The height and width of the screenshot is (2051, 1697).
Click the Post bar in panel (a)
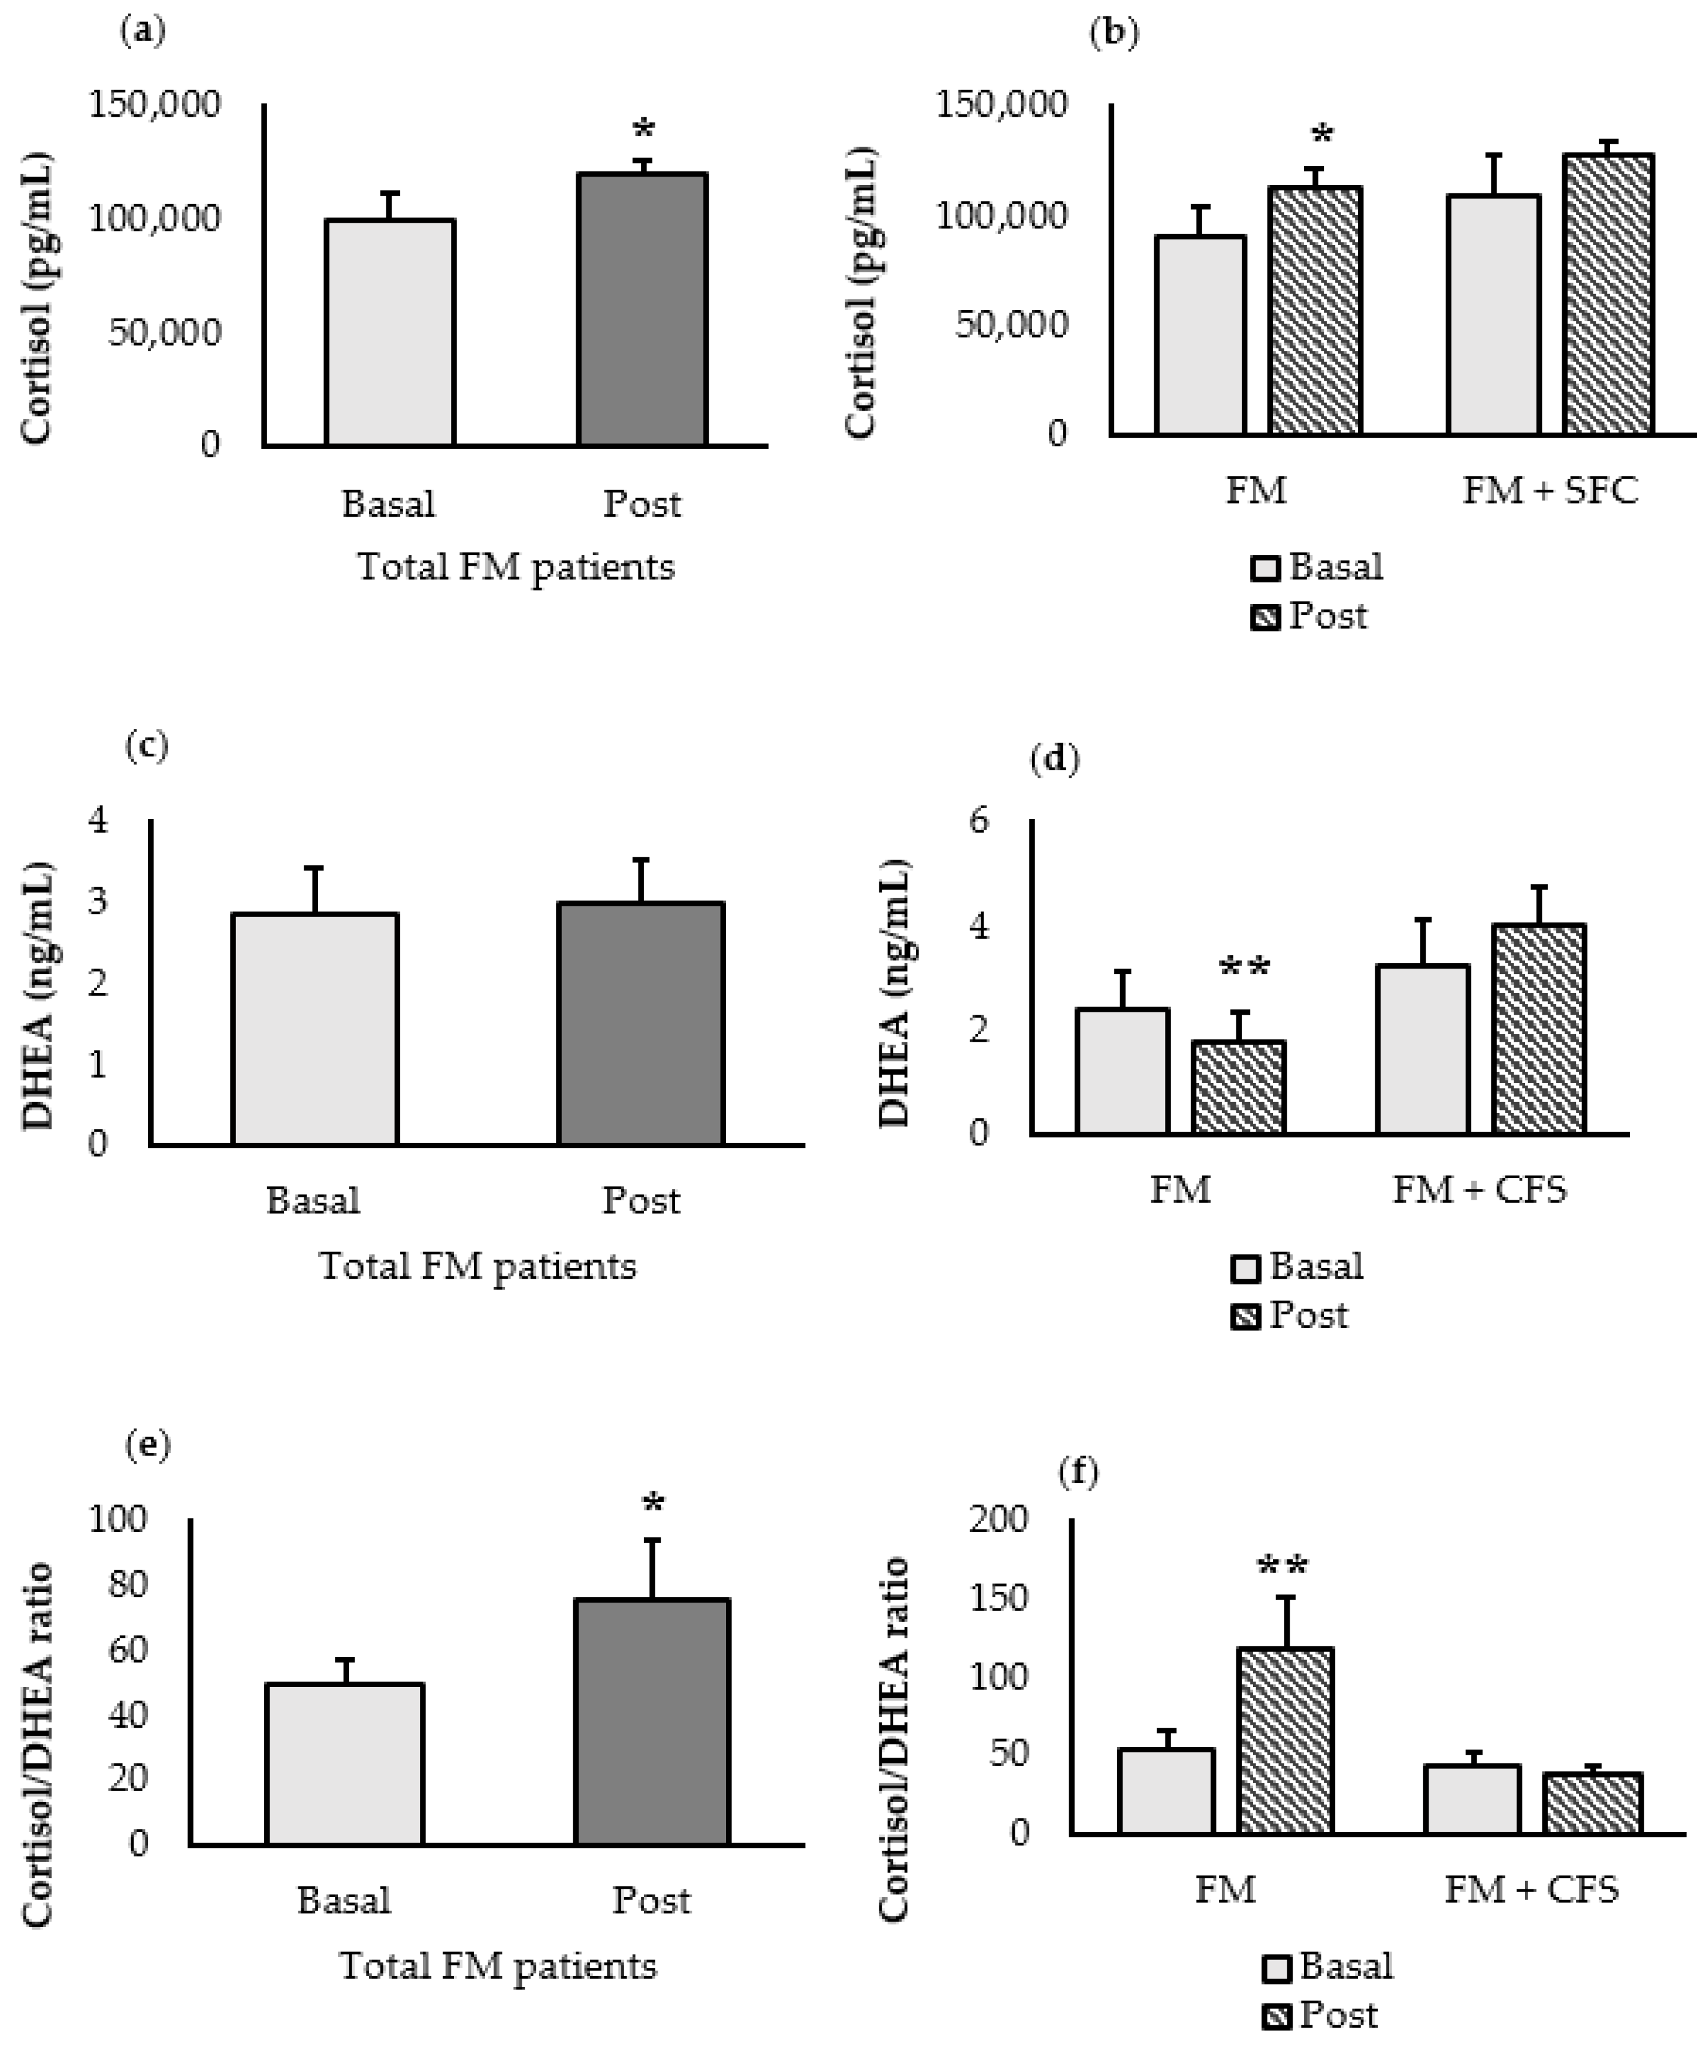coord(642,310)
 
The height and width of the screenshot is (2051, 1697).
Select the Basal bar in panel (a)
coord(390,333)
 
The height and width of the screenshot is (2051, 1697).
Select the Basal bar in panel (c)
coord(314,1028)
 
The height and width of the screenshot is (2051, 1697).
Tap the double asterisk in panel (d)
coord(1244,968)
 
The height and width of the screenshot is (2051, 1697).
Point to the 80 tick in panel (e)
coord(127,1583)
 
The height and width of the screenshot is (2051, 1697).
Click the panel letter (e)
coord(147,1446)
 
